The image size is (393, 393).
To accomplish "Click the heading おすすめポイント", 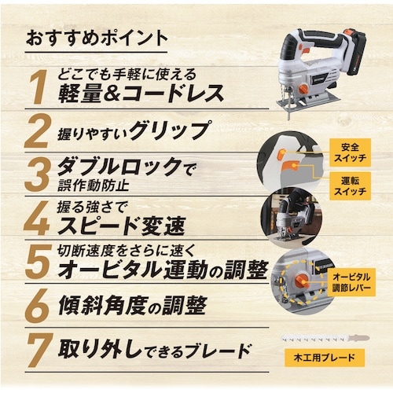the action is tap(97, 38).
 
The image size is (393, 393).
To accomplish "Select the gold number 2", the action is tap(36, 132).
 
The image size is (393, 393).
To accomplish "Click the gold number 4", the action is tap(37, 219).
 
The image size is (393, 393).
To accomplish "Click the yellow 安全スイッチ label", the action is tap(350, 152).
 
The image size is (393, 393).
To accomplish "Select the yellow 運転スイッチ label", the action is tap(350, 186).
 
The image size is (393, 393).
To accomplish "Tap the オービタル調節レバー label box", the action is tap(351, 282).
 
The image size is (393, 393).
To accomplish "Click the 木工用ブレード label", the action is tap(325, 358).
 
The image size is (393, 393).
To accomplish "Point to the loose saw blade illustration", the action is tap(325, 339).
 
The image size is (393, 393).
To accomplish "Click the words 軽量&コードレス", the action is tap(141, 94).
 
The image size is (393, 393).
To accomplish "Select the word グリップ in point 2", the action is tap(169, 130).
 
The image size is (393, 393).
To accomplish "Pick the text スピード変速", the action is tap(122, 226).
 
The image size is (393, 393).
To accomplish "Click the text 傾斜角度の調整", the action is tap(132, 306).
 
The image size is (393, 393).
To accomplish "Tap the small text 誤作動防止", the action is tap(94, 185).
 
